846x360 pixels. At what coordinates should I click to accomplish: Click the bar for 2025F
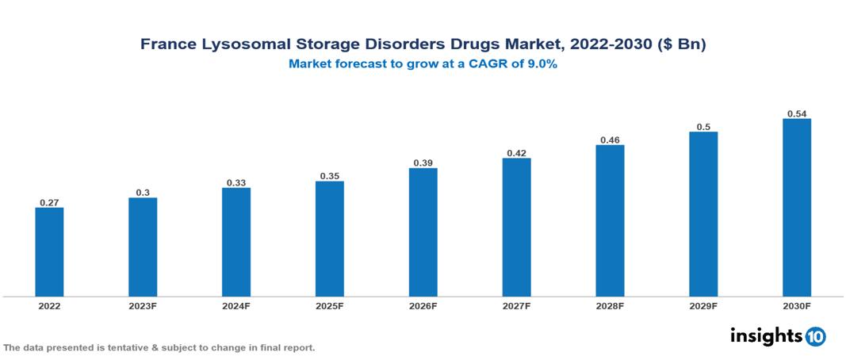pos(329,239)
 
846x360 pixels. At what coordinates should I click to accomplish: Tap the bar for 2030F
pos(797,208)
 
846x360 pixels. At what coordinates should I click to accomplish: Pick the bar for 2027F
pos(516,228)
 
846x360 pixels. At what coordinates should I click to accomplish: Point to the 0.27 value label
pos(49,202)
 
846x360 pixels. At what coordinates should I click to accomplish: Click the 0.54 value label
pos(797,113)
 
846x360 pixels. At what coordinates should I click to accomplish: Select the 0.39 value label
pos(423,163)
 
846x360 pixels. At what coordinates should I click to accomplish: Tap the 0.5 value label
pos(703,126)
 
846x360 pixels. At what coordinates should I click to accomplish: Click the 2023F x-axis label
pos(143,306)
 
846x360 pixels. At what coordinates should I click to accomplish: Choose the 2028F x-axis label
pos(610,306)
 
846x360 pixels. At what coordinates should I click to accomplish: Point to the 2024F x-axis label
pos(236,306)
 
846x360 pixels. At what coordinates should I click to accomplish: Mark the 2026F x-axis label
pos(423,306)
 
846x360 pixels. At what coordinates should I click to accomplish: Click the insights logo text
pos(765,335)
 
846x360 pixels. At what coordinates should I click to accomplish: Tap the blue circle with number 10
pos(815,336)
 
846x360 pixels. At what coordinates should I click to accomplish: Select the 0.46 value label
pos(610,140)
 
